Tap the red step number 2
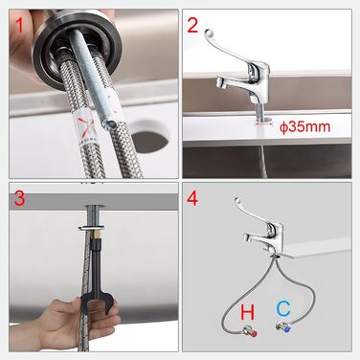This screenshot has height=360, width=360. [192, 25]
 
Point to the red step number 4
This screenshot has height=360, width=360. [192, 198]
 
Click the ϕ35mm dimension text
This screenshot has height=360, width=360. [304, 127]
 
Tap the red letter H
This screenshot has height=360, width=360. [248, 312]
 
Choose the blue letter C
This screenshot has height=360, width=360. [283, 308]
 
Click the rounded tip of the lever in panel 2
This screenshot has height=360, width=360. [208, 33]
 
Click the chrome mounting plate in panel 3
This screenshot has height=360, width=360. [91, 228]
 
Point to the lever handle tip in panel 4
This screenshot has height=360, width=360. [236, 200]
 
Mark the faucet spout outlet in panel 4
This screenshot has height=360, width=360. [246, 237]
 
